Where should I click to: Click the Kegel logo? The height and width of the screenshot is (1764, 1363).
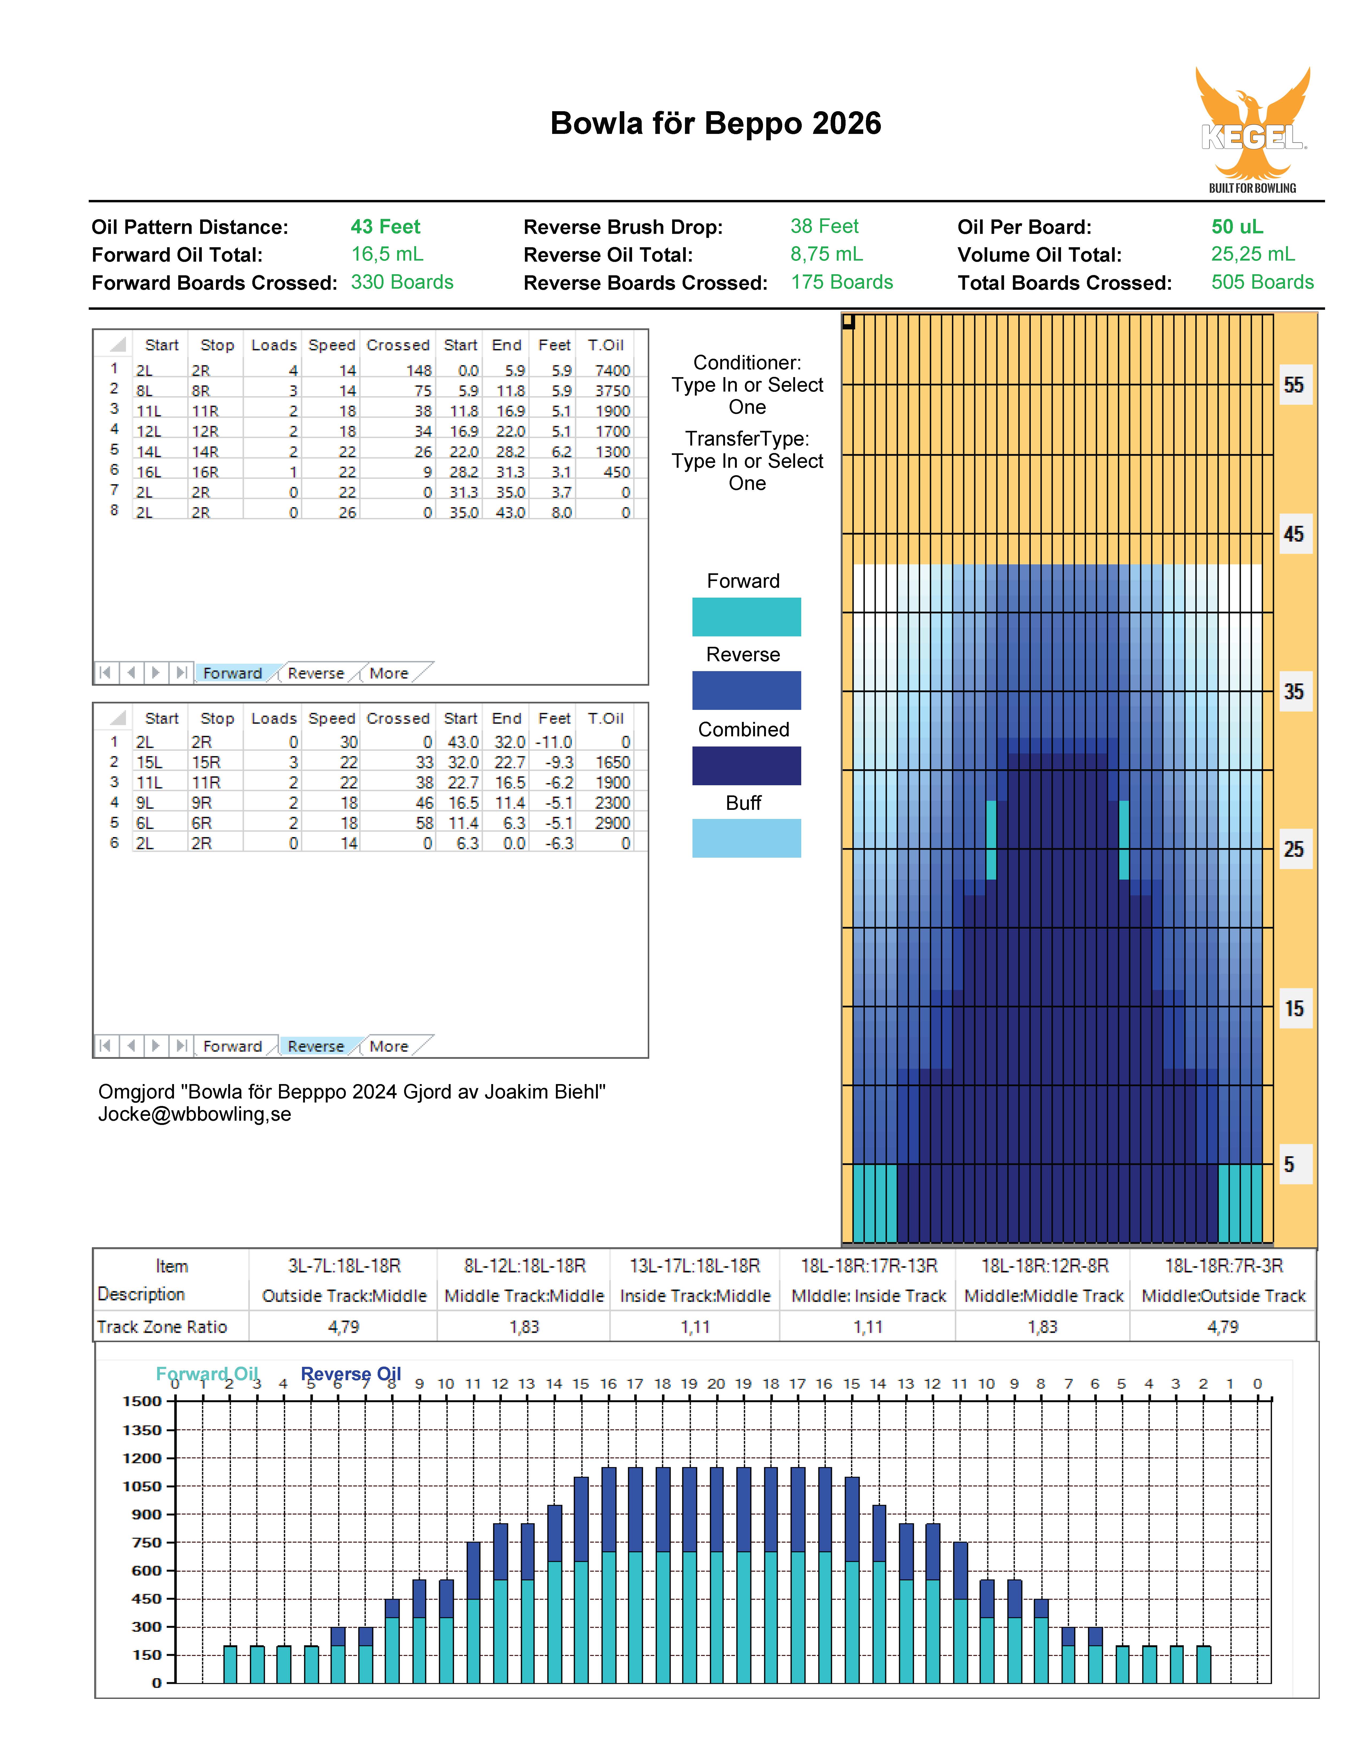[x=1252, y=129]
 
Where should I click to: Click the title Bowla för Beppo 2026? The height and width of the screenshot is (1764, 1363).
[x=715, y=123]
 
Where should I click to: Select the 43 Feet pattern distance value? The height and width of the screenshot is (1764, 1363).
[x=385, y=227]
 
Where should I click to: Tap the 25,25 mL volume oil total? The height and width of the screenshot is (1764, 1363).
[x=1252, y=254]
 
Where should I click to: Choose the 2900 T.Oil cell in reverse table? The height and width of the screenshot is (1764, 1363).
[x=612, y=823]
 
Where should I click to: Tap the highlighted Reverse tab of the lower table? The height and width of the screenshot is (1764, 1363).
[x=316, y=1046]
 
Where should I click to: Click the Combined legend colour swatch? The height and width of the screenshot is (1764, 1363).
[x=746, y=766]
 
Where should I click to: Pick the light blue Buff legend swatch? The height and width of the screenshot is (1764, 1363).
[x=746, y=838]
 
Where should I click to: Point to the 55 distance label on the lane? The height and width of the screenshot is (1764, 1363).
[x=1294, y=385]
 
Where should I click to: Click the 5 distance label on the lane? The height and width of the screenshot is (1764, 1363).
[x=1290, y=1165]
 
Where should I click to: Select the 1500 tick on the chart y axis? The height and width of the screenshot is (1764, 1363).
[x=142, y=1401]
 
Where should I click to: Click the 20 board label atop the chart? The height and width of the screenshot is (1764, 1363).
[x=716, y=1384]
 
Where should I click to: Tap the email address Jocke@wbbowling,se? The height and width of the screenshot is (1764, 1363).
[x=195, y=1115]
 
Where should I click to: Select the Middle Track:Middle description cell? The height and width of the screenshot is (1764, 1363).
[x=524, y=1295]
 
